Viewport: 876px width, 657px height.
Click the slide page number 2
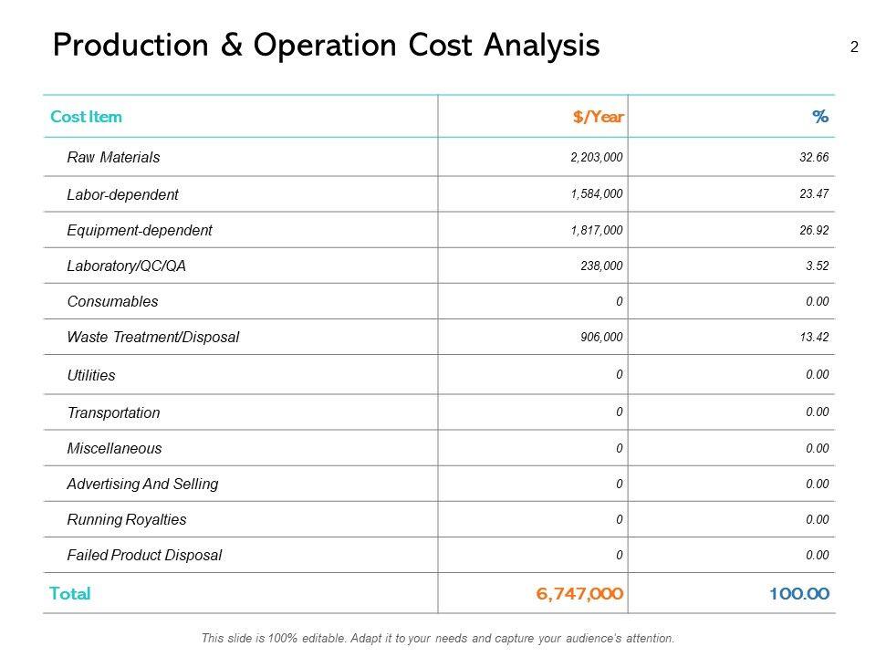tap(854, 47)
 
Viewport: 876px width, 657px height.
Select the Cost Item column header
tap(86, 117)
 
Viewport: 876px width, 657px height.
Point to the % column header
tap(820, 117)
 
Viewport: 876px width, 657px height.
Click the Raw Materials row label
tap(113, 157)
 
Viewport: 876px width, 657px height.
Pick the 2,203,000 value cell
tap(597, 157)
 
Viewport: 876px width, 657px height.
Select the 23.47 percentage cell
tap(814, 193)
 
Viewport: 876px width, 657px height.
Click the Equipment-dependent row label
tap(140, 230)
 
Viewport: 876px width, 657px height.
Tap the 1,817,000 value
tap(597, 230)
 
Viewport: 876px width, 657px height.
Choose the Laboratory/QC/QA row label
tap(126, 266)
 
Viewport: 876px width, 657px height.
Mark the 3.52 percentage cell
tap(817, 266)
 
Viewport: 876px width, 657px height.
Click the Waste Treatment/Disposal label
tap(153, 337)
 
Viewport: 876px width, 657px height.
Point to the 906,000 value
tap(602, 337)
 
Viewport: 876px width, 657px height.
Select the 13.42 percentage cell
tap(814, 337)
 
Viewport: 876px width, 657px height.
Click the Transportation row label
tap(113, 412)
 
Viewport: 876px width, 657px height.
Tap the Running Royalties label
tap(127, 519)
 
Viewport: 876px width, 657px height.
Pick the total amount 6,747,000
tap(580, 594)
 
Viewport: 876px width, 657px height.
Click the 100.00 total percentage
tap(799, 594)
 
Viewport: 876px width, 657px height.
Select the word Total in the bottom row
tap(70, 594)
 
